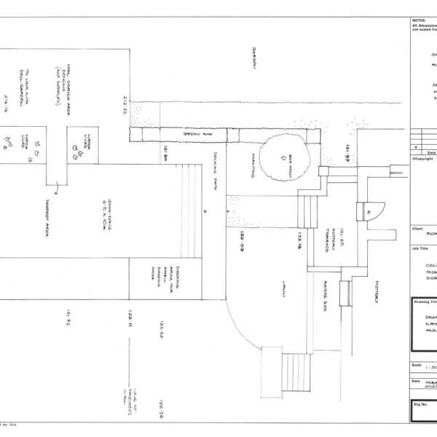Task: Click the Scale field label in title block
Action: (416, 365)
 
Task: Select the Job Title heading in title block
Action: (419, 248)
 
